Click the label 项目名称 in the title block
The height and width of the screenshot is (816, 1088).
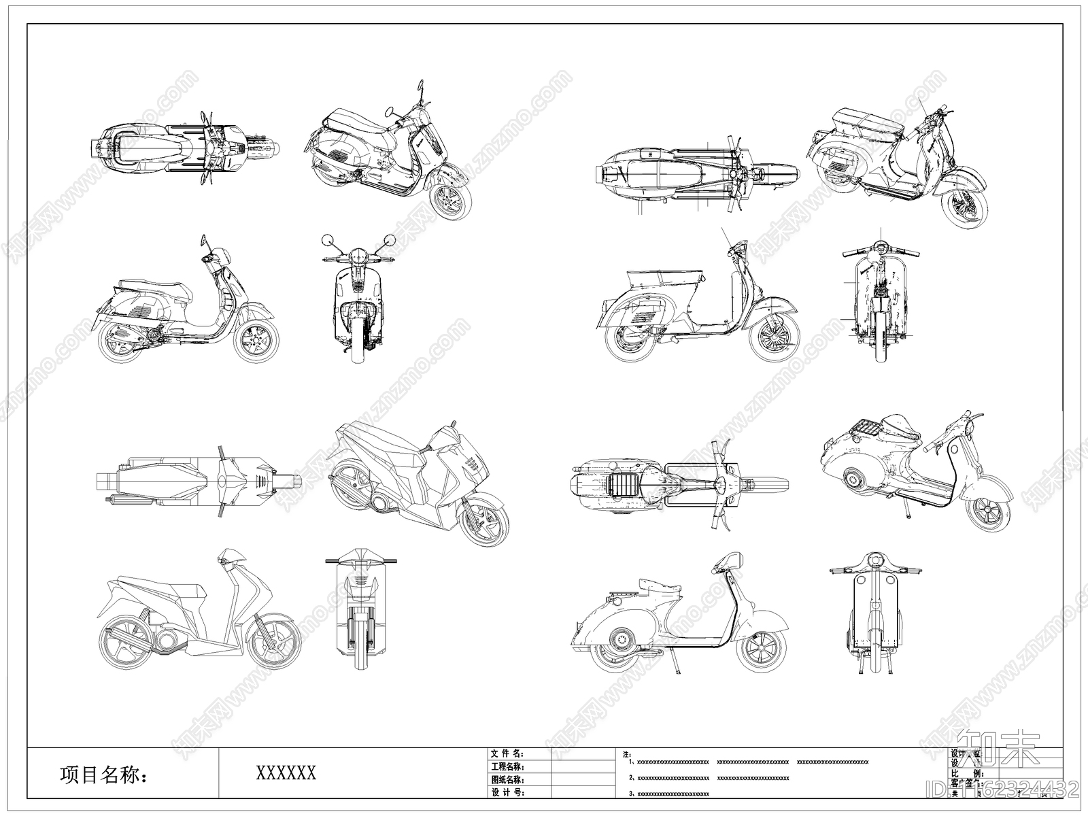tap(103, 774)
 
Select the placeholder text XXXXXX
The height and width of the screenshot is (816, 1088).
tap(286, 772)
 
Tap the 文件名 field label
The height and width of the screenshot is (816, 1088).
tap(507, 753)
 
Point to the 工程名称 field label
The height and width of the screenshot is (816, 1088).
tap(507, 766)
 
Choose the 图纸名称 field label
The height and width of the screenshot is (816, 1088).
tap(507, 780)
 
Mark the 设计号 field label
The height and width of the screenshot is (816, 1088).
tap(507, 793)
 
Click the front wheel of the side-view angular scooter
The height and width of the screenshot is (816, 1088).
tap(273, 641)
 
